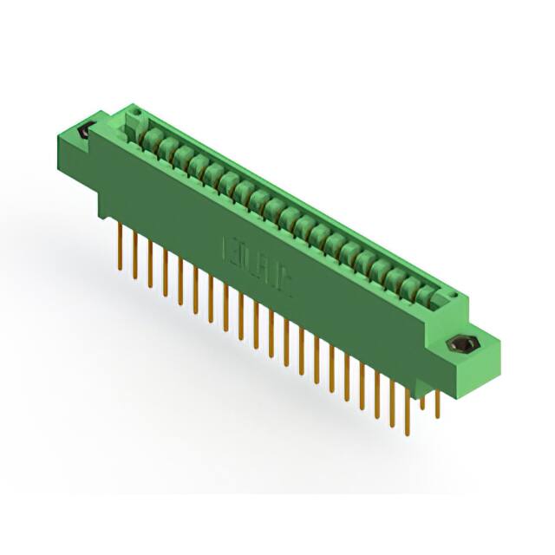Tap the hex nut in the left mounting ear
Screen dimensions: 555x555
pyautogui.click(x=85, y=133)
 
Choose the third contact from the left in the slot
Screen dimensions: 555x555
pyautogui.click(x=180, y=155)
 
